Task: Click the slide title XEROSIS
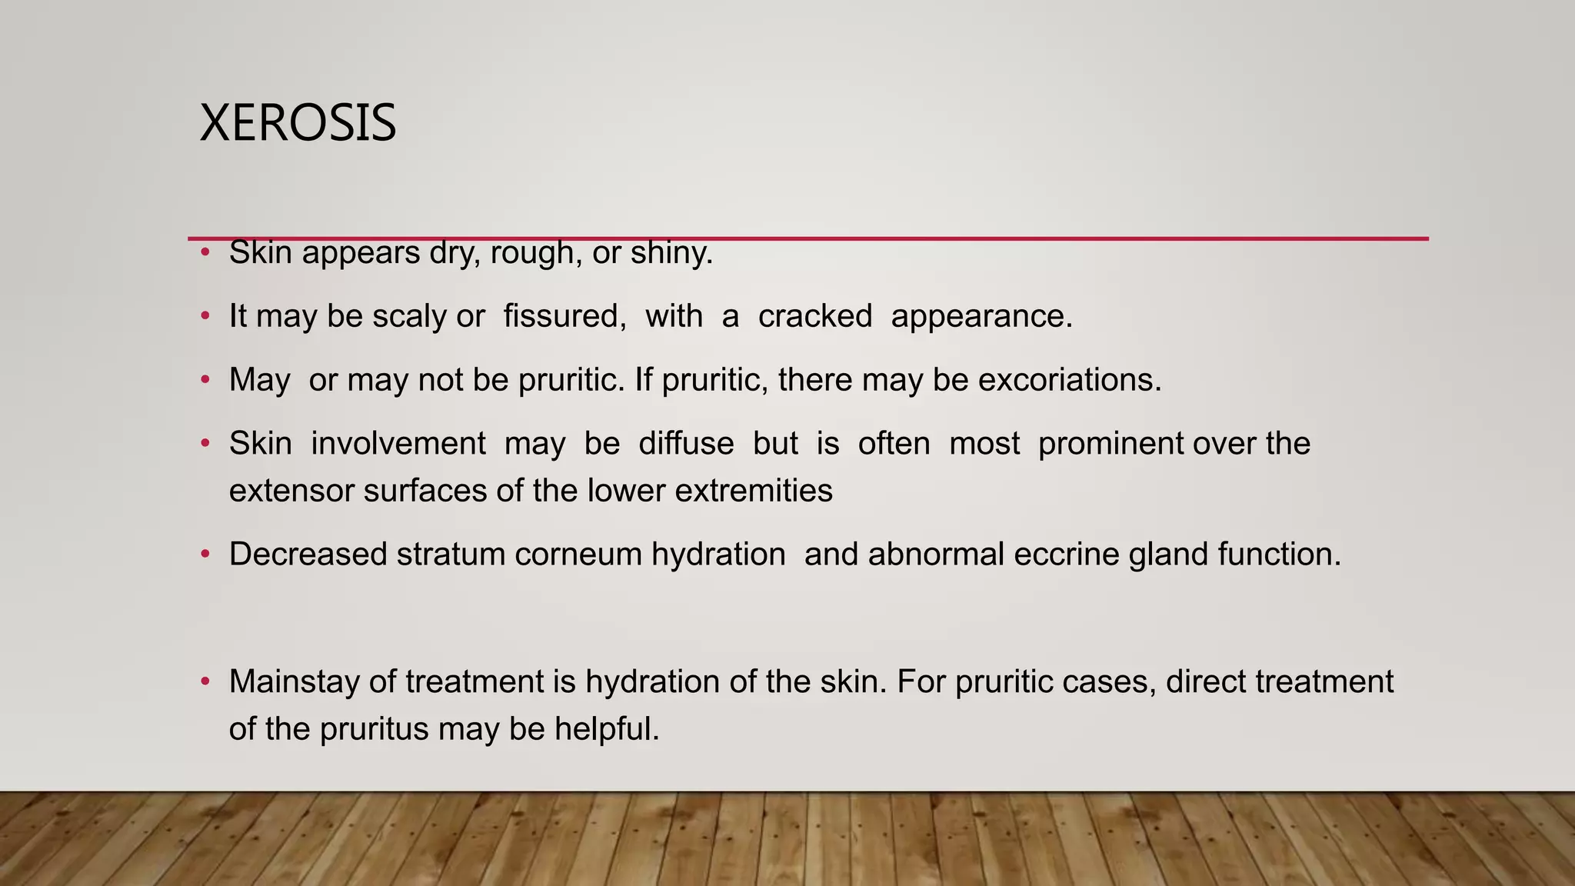click(298, 123)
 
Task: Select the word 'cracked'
click(815, 316)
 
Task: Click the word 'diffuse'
click(686, 444)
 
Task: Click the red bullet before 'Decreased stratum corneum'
click(205, 554)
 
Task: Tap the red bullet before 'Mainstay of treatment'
click(205, 681)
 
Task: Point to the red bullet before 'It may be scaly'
click(205, 315)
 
